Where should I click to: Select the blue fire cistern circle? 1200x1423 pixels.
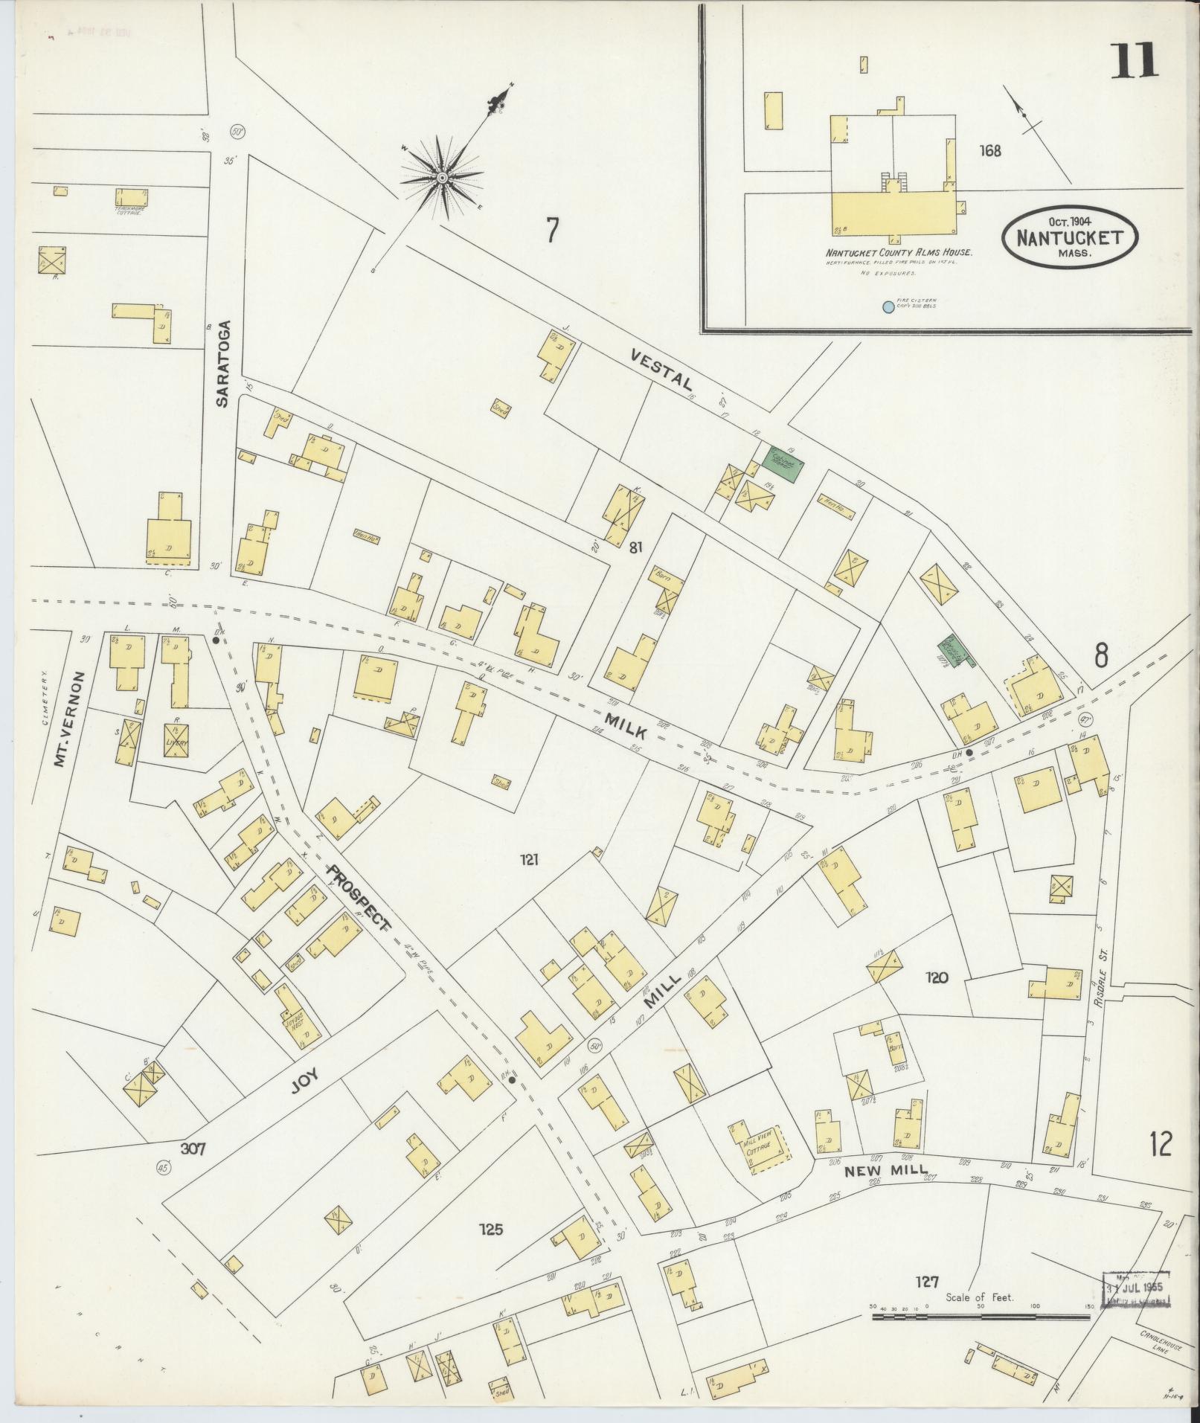887,306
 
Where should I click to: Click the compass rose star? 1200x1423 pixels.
441,177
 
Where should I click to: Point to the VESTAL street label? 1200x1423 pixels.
661,371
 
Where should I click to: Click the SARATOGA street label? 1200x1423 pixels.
222,363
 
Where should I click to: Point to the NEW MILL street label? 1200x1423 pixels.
886,1171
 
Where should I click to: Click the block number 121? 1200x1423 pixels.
529,861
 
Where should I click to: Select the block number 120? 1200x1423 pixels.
937,977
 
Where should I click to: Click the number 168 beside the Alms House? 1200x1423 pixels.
990,151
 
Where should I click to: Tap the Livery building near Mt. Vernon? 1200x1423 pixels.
176,740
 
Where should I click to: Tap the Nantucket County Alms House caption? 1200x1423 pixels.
898,252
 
